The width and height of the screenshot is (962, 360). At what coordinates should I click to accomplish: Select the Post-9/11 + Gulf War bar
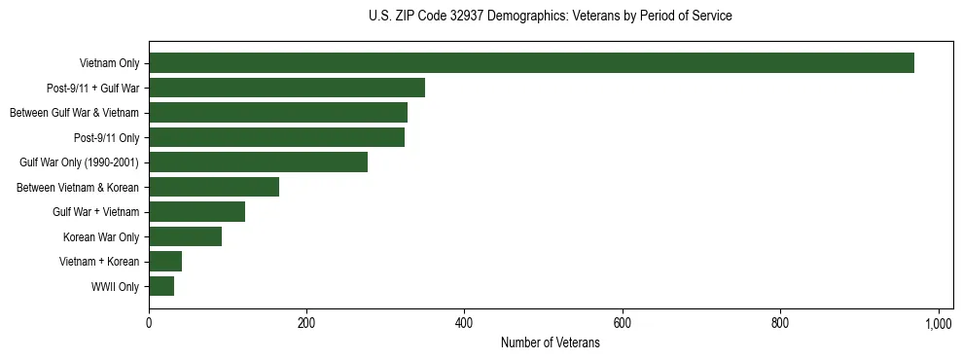click(287, 88)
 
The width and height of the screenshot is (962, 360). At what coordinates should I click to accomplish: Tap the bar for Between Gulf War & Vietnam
click(278, 113)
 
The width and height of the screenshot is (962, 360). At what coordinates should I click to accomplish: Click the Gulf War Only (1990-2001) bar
click(258, 162)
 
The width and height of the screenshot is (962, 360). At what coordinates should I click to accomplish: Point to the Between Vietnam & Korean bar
click(214, 187)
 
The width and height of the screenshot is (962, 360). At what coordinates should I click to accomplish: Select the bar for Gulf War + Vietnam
click(196, 211)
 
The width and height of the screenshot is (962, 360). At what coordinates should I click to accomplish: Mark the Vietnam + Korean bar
click(165, 261)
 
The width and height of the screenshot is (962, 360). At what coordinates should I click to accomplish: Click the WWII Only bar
click(161, 286)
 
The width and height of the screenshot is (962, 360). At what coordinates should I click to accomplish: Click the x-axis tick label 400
click(464, 323)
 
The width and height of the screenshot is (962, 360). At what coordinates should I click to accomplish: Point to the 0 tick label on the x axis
click(149, 323)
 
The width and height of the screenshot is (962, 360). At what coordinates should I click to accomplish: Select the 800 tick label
click(780, 323)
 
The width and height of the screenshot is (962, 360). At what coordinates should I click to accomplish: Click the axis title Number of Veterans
click(550, 343)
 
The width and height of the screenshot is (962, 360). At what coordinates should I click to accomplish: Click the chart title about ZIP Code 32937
click(550, 17)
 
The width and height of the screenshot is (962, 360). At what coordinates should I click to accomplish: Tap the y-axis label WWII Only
click(115, 287)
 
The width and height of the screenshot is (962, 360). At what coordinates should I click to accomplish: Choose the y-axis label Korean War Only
click(101, 237)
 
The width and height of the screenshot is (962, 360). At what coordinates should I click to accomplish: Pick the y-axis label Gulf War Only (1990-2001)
click(80, 162)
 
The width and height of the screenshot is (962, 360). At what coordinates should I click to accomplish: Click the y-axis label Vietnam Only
click(109, 64)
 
